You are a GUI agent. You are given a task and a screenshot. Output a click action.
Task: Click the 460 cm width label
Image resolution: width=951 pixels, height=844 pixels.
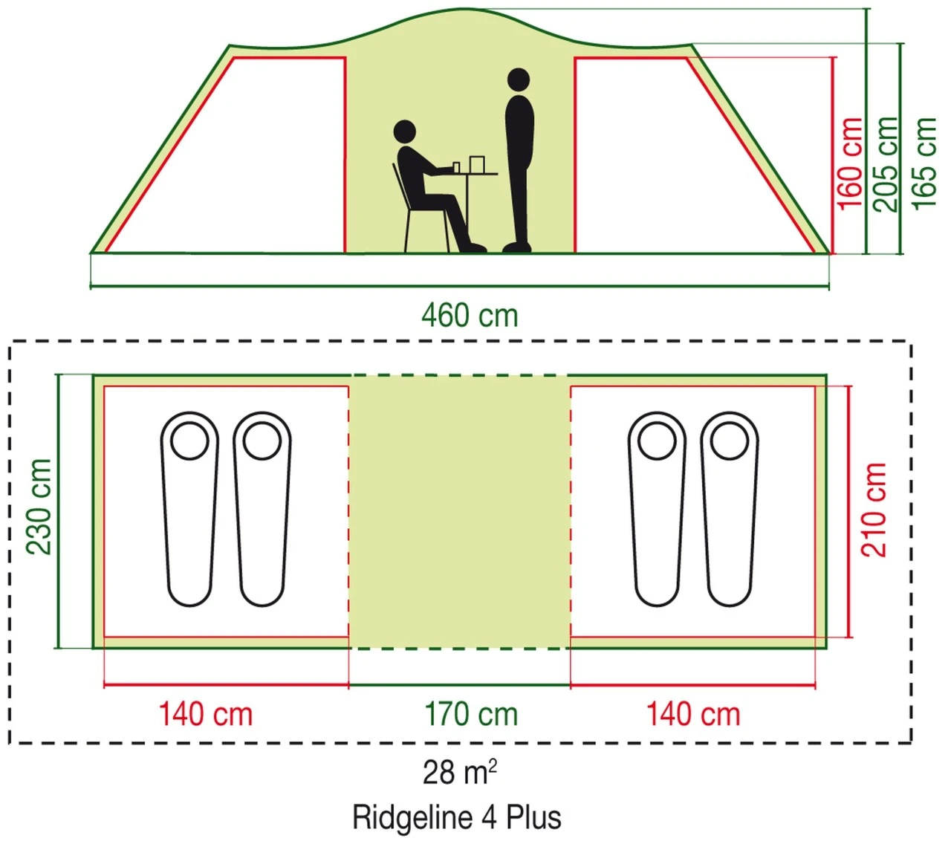[470, 316]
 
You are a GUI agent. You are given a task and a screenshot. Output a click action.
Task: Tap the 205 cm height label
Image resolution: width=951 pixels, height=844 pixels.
[886, 163]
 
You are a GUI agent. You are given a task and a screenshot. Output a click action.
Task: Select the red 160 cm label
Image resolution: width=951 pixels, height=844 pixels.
[851, 163]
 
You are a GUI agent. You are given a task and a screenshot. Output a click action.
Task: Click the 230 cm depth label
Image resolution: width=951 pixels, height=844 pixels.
[39, 507]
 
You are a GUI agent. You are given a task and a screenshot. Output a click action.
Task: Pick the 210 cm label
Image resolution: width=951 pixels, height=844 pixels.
[874, 510]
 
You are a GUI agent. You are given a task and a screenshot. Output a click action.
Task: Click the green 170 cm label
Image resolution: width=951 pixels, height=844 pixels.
[471, 715]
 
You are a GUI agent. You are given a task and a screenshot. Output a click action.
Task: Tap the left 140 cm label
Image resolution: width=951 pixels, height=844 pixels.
[206, 715]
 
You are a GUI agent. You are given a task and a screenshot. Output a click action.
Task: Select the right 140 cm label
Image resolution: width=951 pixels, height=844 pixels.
[693, 715]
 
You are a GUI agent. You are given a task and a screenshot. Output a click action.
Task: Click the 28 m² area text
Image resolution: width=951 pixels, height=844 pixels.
[460, 773]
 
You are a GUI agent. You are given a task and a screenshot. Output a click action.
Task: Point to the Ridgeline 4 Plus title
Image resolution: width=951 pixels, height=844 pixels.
[457, 817]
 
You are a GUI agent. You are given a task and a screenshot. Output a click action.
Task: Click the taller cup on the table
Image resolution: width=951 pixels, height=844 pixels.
[476, 163]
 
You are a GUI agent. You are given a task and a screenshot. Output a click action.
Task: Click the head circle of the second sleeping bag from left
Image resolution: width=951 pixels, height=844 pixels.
[262, 442]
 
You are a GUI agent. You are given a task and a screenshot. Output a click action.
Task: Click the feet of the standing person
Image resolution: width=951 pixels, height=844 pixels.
[516, 247]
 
